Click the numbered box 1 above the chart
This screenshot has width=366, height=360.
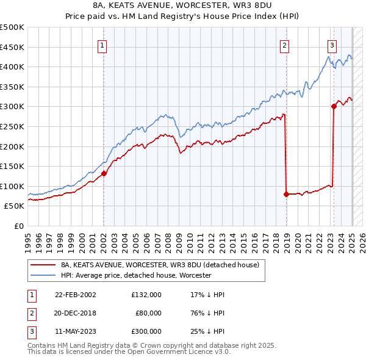(102, 45)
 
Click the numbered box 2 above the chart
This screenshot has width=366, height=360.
(285, 45)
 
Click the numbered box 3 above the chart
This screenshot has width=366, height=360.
(332, 45)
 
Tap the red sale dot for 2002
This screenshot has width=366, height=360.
(104, 173)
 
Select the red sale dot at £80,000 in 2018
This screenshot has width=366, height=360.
(286, 194)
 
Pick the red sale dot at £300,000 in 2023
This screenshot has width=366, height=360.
(334, 106)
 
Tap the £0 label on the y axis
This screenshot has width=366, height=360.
(19, 226)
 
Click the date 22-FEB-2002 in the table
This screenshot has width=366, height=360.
(76, 295)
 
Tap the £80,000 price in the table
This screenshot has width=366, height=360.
(148, 313)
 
